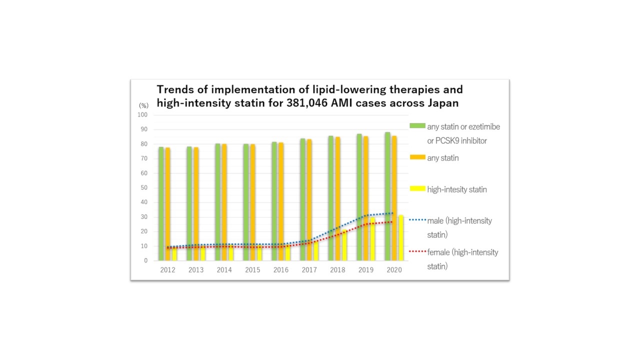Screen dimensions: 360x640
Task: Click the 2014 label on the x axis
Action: pyautogui.click(x=224, y=270)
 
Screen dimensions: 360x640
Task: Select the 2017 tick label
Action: pyautogui.click(x=309, y=270)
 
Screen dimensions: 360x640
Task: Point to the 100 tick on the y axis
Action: pyautogui.click(x=142, y=115)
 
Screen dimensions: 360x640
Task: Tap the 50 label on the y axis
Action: pyautogui.click(x=144, y=188)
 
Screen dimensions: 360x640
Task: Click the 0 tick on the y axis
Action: pyautogui.click(x=146, y=260)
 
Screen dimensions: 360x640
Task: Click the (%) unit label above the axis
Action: pyautogui.click(x=143, y=105)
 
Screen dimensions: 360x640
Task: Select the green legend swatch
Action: pyautogui.click(x=417, y=125)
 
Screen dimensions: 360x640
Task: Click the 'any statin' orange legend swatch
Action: pyautogui.click(x=417, y=157)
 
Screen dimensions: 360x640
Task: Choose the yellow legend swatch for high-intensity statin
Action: pyautogui.click(x=417, y=188)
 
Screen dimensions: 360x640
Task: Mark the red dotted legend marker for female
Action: pyautogui.click(x=417, y=251)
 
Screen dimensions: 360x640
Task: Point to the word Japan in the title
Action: pyautogui.click(x=441, y=103)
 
